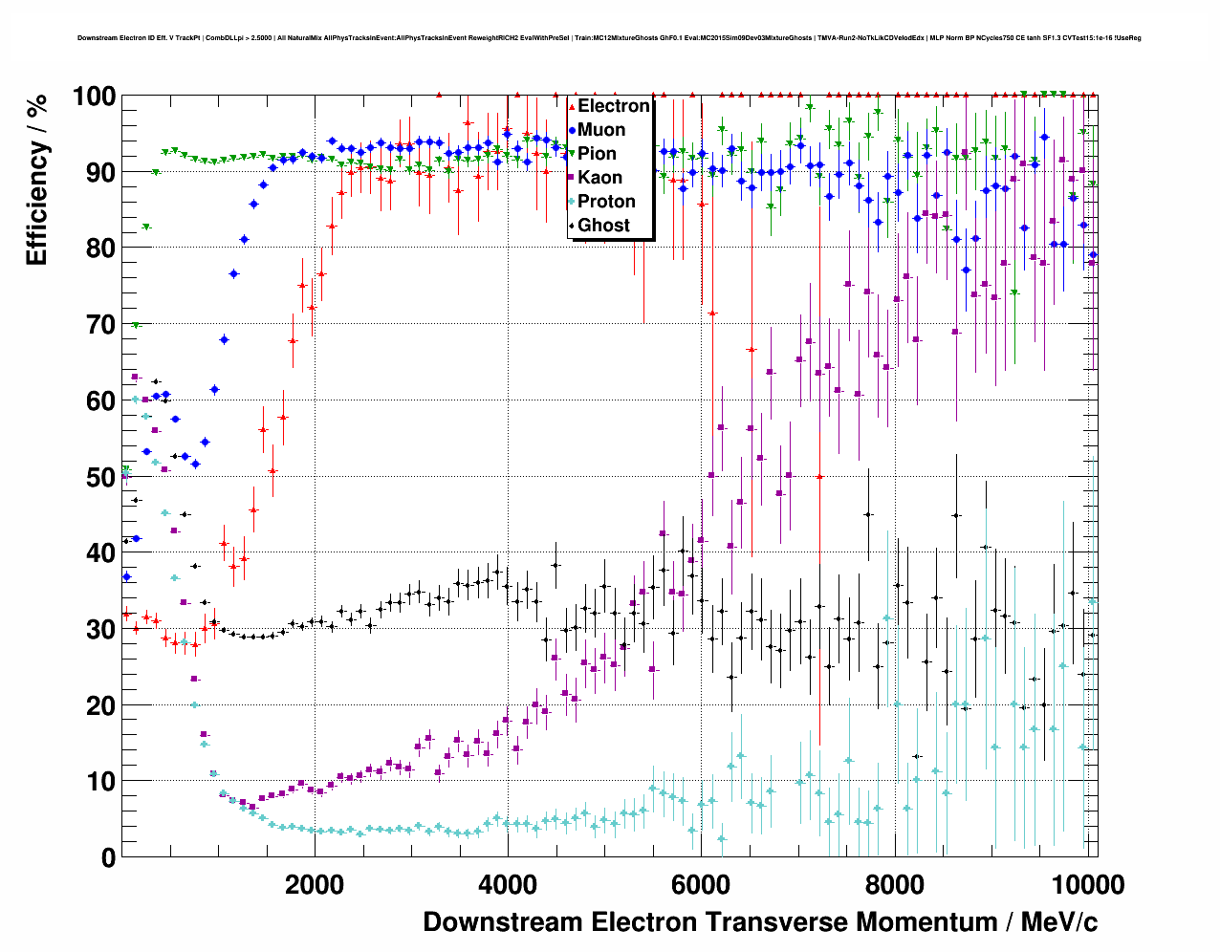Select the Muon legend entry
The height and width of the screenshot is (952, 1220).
[x=601, y=130]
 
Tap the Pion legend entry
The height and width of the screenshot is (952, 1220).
[x=597, y=154]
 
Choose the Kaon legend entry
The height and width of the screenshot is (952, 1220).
[x=599, y=178]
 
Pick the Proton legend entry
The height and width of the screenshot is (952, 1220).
[x=606, y=202]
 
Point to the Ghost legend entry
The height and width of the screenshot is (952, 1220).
[x=603, y=226]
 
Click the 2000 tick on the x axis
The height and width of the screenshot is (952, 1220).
[x=314, y=884]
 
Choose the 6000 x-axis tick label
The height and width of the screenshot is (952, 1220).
[x=701, y=884]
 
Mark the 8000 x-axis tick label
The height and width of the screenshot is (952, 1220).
[x=894, y=884]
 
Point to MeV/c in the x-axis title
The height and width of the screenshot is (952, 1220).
[x=1059, y=922]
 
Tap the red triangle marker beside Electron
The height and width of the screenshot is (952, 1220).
[x=572, y=106]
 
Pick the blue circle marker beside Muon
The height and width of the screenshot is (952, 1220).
[x=572, y=130]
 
